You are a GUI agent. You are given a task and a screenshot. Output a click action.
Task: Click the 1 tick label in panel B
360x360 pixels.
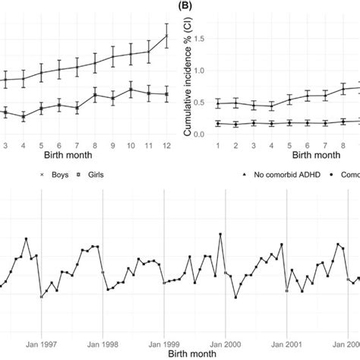click(217, 145)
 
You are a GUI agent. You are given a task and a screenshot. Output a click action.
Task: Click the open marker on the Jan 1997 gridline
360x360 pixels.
click(41, 297)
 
